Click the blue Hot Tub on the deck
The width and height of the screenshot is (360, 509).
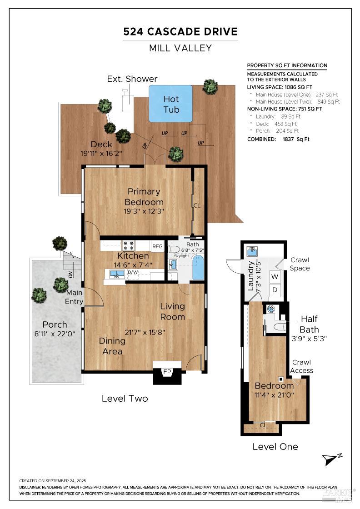[x=170, y=104]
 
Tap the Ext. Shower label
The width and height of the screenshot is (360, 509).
[x=132, y=79]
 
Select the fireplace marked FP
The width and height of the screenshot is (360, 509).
[x=167, y=372]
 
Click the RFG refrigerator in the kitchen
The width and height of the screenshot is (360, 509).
[x=157, y=246]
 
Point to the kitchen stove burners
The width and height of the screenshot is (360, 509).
[x=129, y=245]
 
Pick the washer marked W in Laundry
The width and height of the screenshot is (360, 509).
[x=275, y=277]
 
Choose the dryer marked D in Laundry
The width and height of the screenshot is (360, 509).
[x=275, y=290]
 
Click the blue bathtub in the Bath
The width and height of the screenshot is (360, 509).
[x=198, y=268]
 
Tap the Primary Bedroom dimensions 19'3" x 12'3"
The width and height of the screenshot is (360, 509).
[x=144, y=211]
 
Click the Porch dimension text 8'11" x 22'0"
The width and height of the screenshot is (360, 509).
[x=55, y=334]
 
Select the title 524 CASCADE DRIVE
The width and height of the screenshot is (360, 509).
[x=180, y=31]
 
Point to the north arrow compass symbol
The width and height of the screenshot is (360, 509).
[x=332, y=459]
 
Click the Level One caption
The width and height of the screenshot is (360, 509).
[x=275, y=447]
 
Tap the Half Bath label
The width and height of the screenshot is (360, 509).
[x=309, y=324]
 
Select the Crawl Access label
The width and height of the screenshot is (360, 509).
[x=301, y=366]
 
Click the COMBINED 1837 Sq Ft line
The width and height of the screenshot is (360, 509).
[x=278, y=139]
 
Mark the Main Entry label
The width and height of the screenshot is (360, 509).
[x=74, y=297]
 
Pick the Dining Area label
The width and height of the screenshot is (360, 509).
[x=112, y=346]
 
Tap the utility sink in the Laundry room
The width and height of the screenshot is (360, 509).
[x=252, y=251]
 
